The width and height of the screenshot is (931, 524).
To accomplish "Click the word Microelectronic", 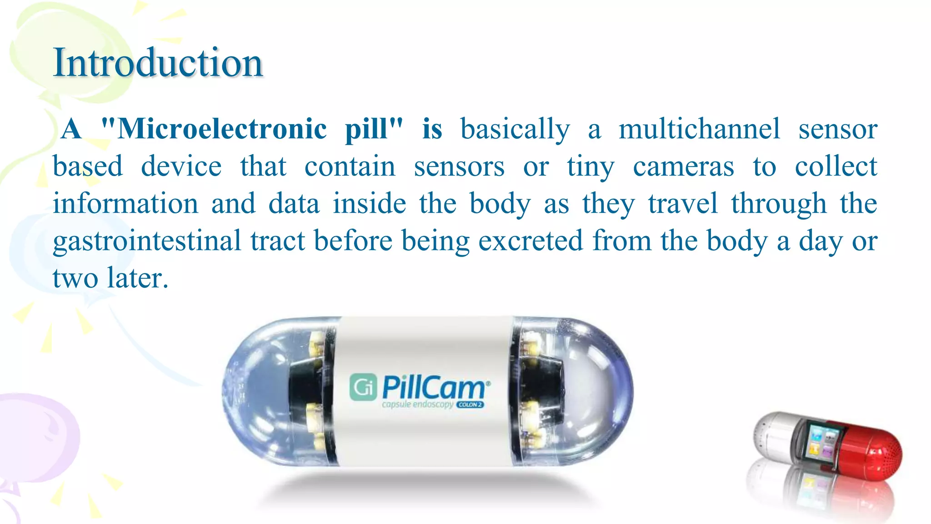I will (222, 129).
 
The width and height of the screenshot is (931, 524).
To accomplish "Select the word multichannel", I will (699, 129).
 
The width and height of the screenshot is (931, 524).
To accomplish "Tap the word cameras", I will (683, 166).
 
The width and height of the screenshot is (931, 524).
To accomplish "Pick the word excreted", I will (530, 241).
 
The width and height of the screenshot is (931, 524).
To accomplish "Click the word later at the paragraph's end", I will (137, 278).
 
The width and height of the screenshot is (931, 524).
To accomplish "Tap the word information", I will (125, 203).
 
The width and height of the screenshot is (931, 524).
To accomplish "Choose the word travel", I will (683, 203).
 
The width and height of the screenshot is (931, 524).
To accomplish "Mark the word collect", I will (836, 166).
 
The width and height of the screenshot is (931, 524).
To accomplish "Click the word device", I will (181, 166).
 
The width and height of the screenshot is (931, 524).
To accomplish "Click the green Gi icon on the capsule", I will (363, 387).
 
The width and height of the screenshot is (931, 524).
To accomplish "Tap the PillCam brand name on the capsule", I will (434, 388).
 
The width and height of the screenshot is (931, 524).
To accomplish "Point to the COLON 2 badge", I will (470, 404).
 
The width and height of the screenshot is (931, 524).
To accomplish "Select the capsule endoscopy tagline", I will (417, 404).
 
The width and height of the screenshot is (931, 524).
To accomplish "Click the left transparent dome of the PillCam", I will (259, 391).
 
